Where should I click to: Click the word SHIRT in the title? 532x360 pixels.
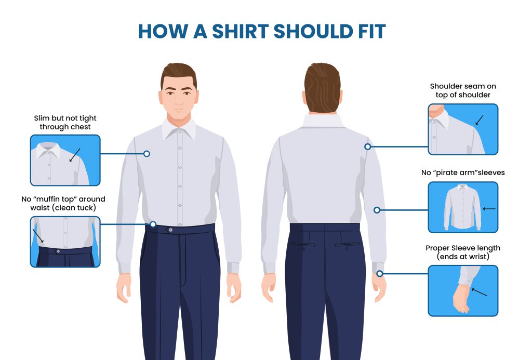[240, 32]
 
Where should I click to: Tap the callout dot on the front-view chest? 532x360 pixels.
[147, 154]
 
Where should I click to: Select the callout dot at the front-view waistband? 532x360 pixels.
[153, 224]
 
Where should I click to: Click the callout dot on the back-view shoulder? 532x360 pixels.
[367, 146]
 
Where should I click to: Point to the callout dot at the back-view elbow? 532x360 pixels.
[377, 210]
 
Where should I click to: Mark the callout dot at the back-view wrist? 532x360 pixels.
[380, 273]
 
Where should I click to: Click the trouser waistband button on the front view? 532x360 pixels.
[170, 230]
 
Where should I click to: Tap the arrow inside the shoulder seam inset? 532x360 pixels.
[480, 120]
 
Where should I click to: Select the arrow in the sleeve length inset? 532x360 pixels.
[479, 292]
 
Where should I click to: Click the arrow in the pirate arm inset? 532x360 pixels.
[489, 209]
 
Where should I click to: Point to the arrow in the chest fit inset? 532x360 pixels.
[75, 155]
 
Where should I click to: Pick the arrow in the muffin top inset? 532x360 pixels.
[38, 235]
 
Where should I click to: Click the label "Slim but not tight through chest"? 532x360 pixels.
[65, 123]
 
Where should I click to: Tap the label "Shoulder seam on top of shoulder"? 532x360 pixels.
[463, 90]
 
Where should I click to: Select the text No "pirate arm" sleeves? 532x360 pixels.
[463, 172]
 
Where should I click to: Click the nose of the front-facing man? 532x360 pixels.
[179, 99]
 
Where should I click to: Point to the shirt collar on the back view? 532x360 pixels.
[323, 121]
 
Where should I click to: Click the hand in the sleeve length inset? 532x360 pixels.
[461, 298]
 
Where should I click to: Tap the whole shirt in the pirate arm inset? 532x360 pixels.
[462, 207]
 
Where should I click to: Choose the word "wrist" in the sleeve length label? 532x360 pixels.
[479, 257]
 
